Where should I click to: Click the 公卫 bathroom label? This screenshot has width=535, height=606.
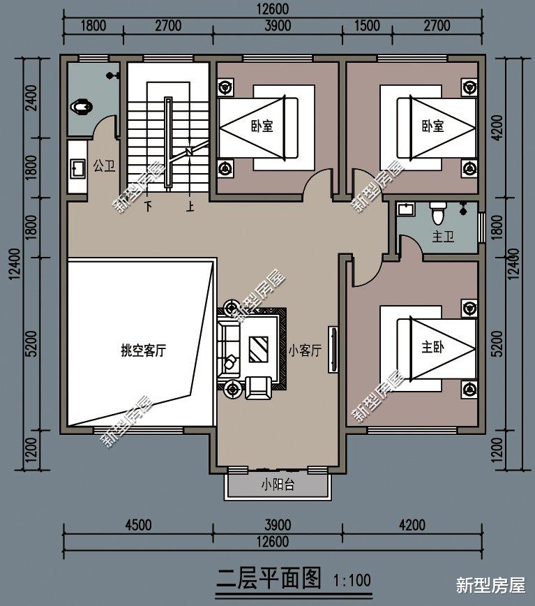[104, 166]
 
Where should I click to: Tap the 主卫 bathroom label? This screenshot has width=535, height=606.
[443, 237]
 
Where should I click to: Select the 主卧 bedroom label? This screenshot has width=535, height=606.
[432, 347]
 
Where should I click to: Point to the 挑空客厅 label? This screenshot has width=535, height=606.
[144, 350]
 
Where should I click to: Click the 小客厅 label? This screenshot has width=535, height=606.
[305, 350]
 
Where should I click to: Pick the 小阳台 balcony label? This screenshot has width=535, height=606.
[278, 485]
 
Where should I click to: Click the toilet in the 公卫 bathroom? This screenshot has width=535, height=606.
[81, 107]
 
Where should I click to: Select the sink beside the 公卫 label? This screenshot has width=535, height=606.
[77, 169]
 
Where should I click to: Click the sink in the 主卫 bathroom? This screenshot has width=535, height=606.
[405, 209]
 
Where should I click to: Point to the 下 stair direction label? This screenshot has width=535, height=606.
[149, 207]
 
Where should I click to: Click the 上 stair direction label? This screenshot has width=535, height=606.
[190, 207]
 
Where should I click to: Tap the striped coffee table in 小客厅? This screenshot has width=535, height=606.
[259, 349]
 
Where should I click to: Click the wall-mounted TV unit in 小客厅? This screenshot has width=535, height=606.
[333, 349]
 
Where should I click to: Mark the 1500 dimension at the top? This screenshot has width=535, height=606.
[367, 26]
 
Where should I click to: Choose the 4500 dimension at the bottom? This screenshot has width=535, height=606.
[138, 525]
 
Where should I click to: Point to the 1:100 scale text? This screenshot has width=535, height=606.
[352, 579]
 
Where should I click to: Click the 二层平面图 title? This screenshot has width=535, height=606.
[269, 579]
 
